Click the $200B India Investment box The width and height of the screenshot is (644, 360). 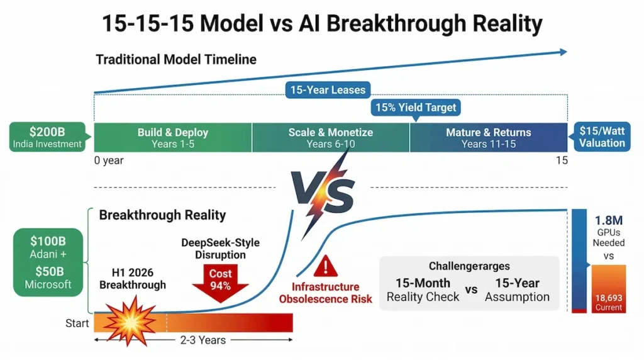click(47, 137)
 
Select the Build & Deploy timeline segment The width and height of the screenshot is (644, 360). click(172, 138)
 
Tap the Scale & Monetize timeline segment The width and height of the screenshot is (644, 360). click(330, 138)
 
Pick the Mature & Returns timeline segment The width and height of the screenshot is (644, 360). click(488, 138)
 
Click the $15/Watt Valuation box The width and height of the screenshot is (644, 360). click(602, 137)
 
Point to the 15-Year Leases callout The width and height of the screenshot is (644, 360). click(327, 90)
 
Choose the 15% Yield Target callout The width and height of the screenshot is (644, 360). click(416, 108)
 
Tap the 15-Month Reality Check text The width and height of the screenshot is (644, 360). click(423, 290)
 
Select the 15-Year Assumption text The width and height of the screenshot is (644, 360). click(517, 290)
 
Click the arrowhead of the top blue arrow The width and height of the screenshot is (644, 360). click(562, 53)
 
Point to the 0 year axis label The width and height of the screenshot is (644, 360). click(109, 160)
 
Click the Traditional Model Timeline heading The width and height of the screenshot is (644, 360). click(176, 60)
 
